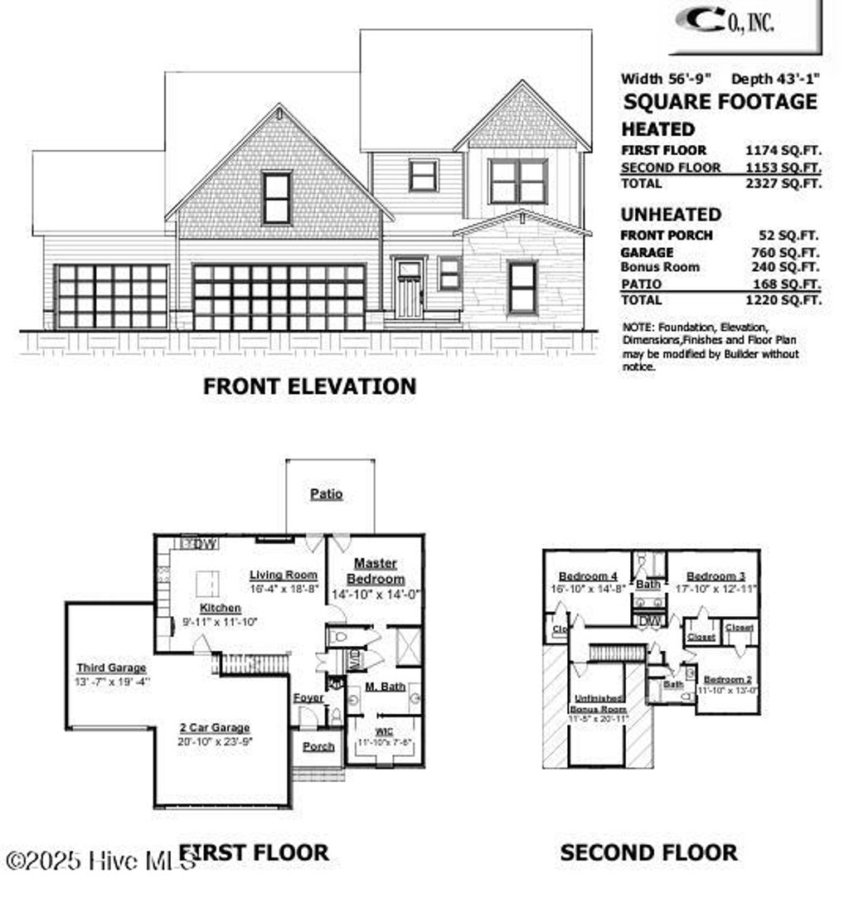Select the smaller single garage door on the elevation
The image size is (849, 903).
pos(111,297)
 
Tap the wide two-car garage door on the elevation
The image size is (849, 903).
pos(279,298)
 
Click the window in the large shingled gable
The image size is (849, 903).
pos(277,197)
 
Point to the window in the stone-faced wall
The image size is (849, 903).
pos(522,287)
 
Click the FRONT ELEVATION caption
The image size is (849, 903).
pos(309,386)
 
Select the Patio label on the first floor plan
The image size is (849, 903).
pos(327,494)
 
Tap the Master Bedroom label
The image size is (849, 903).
pos(376,571)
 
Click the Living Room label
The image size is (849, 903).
pos(284,575)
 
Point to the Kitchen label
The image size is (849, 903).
pos(221,608)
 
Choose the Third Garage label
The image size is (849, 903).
pos(111,668)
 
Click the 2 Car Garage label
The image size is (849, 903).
pos(215,727)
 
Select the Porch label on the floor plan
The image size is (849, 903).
pos(318,746)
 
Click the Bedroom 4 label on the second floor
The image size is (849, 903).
pos(588,576)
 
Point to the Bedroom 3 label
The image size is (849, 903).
pos(716,576)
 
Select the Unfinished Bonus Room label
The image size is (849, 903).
pos(598,704)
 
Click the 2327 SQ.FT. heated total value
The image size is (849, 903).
pos(784,184)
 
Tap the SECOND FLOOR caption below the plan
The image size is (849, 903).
pos(648,852)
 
